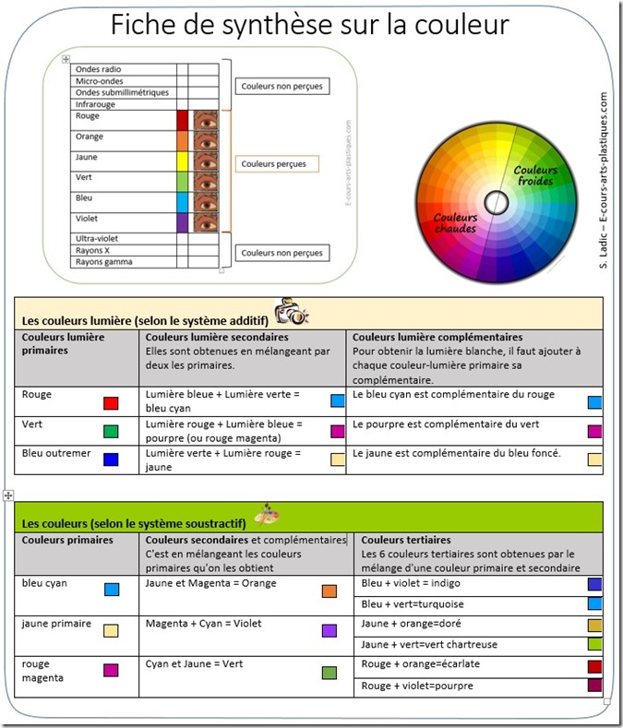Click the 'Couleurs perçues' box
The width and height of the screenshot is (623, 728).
pos(277,164)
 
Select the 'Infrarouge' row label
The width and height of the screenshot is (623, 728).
pos(95,104)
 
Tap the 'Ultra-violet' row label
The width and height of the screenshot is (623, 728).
pos(97,238)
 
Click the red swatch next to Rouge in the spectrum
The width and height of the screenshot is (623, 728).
pos(182,121)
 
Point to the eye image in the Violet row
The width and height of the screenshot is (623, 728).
pos(206,221)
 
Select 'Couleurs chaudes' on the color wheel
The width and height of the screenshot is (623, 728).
pos(455,221)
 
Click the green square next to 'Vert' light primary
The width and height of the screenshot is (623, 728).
pos(111,431)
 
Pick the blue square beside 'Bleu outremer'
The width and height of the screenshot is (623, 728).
pos(111,459)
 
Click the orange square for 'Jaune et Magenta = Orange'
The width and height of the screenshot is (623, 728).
pos(329,591)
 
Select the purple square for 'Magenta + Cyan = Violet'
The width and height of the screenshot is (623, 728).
pos(329,631)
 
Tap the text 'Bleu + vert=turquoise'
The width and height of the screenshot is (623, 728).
pos(412,604)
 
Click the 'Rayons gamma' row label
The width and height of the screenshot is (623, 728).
pos(103,262)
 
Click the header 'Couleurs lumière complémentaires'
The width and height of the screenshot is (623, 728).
pos(437,338)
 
